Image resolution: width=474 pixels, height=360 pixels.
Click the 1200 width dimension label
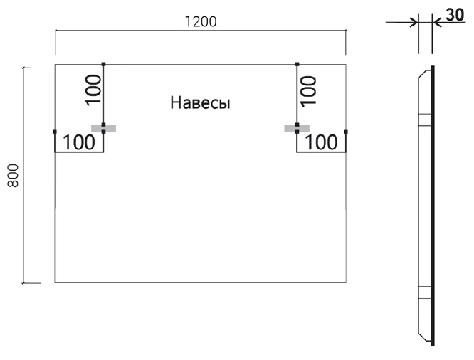(x=201, y=22)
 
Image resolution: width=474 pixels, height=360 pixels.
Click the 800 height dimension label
(x=14, y=176)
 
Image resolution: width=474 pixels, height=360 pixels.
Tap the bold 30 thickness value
(x=455, y=15)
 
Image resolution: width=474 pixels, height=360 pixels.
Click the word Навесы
(x=201, y=102)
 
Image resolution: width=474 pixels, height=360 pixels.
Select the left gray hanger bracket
(x=104, y=129)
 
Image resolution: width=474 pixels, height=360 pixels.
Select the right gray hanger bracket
(x=297, y=129)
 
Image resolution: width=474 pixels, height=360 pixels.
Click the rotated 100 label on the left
(x=93, y=90)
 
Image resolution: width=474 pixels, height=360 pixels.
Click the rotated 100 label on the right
(x=309, y=91)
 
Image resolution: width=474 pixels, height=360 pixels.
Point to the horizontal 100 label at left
(x=79, y=142)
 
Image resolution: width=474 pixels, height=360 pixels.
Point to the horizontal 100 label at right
(x=322, y=142)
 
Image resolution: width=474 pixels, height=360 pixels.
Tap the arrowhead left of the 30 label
(x=438, y=22)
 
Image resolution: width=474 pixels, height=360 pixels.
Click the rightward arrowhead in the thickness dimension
(x=414, y=22)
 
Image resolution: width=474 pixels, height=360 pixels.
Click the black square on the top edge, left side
(x=104, y=64)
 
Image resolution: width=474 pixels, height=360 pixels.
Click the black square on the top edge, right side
(x=297, y=64)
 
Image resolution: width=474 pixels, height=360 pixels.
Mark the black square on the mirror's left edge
(x=55, y=132)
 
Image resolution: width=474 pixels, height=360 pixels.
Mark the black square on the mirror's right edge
(x=346, y=132)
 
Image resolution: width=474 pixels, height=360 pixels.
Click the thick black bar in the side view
(x=433, y=206)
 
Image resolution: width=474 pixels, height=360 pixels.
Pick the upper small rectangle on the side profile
(x=425, y=120)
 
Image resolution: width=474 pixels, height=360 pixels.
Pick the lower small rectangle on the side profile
(x=425, y=292)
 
